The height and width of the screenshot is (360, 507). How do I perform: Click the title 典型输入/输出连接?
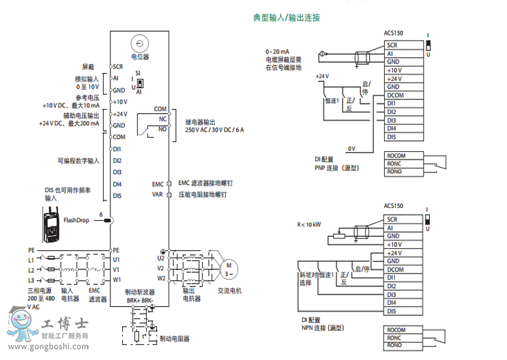[x=287, y=17]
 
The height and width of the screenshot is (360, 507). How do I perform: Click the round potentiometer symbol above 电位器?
[x=140, y=43]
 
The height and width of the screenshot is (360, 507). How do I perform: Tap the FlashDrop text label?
[x=77, y=220]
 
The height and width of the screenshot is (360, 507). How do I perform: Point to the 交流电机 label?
[x=229, y=290]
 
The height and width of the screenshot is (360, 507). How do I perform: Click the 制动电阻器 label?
[x=174, y=338]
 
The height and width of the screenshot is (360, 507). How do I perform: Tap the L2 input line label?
[x=31, y=269]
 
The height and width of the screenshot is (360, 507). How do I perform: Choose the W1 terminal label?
[x=117, y=279]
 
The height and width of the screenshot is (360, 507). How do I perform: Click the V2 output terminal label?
[x=161, y=268]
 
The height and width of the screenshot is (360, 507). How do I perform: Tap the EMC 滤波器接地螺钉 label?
[x=206, y=183]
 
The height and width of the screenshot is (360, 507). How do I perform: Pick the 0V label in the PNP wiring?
[x=351, y=148]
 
